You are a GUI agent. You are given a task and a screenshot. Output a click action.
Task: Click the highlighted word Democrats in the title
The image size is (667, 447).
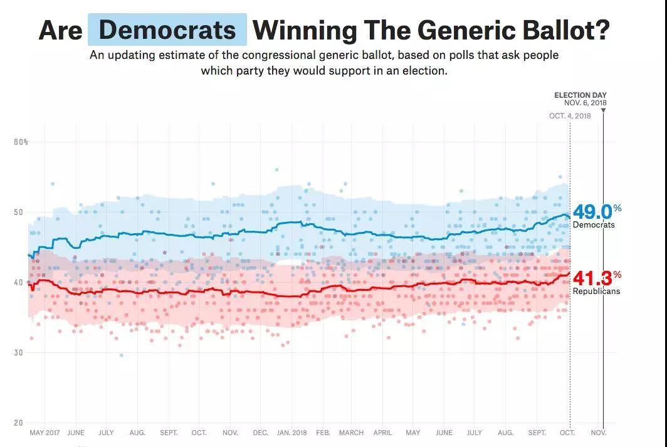click(167, 30)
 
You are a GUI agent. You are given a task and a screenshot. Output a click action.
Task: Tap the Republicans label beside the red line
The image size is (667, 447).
click(596, 292)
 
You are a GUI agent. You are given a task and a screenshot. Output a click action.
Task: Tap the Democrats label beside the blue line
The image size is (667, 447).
click(594, 224)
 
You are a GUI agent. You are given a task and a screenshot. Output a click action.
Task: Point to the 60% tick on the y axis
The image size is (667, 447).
click(21, 142)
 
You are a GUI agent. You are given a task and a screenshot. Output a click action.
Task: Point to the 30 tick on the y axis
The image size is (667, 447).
click(19, 353)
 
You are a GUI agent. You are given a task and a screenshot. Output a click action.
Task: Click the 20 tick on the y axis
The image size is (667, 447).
click(19, 423)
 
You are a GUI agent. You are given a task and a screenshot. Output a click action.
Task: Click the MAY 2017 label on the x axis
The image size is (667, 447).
click(45, 433)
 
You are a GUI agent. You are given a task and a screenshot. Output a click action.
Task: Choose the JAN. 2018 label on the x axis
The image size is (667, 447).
click(292, 433)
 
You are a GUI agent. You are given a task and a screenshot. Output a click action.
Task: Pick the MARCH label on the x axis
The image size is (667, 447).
click(351, 433)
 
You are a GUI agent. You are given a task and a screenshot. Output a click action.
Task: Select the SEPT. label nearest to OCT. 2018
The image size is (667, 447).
click(537, 433)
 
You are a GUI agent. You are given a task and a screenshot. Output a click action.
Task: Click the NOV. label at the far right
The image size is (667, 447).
click(599, 433)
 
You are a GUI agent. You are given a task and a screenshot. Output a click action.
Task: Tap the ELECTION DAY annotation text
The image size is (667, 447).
click(580, 95)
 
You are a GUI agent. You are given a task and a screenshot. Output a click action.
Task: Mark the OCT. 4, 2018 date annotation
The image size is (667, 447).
click(569, 115)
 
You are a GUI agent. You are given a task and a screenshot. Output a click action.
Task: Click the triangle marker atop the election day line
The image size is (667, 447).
click(603, 111)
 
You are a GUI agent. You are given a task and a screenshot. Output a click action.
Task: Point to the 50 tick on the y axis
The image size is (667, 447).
click(19, 213)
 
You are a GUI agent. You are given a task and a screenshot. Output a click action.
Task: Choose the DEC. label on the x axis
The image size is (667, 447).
click(260, 433)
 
